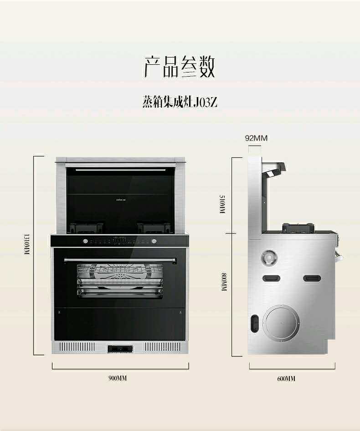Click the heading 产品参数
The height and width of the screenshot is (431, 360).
180,67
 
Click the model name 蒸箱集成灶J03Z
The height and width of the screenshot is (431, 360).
180,102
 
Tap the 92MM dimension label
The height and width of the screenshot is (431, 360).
256,138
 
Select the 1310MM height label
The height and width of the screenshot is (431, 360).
26,244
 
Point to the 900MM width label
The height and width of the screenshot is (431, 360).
118,378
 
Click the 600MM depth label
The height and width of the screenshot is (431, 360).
286,379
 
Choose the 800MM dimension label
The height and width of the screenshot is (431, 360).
224,282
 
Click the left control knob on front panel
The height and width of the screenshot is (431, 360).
85,241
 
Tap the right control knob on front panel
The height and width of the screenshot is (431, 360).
154,241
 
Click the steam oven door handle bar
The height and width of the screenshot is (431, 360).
120,260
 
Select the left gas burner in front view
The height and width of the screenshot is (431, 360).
86,227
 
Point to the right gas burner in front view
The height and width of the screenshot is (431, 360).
155,228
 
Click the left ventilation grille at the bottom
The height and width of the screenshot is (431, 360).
77,347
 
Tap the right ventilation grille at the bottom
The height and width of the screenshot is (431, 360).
163,347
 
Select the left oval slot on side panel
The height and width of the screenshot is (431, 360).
271,278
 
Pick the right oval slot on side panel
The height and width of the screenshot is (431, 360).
312,278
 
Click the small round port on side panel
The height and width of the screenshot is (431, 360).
268,258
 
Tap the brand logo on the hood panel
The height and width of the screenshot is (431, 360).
121,200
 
